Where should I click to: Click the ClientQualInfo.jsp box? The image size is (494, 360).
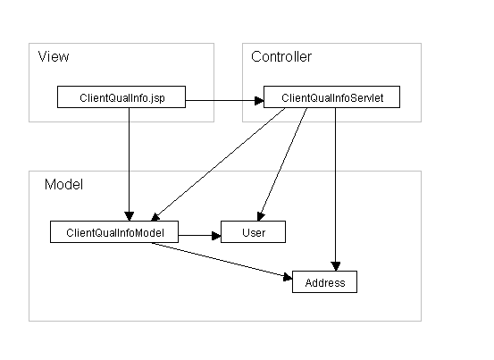point(121,97)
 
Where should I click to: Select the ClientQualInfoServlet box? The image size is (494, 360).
point(331,97)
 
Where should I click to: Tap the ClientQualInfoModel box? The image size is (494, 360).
point(114,231)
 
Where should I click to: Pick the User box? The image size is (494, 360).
point(254,231)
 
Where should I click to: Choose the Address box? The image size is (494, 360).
point(325,282)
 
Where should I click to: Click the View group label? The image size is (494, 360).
point(54,56)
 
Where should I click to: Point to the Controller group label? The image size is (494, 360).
point(281,56)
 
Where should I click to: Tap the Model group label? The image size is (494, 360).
point(63,185)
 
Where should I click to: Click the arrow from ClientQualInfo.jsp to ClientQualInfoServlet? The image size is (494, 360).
point(224,100)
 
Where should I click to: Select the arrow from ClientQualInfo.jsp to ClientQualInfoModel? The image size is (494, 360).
point(129,164)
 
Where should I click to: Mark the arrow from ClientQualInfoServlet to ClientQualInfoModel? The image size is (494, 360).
point(218,164)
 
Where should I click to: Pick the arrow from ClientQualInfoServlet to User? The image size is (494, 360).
point(282,164)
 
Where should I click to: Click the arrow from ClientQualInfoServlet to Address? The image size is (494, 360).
point(336,189)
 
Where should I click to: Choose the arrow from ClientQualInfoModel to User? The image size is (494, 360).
point(200,235)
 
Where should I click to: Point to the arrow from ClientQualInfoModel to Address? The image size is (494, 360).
point(222,260)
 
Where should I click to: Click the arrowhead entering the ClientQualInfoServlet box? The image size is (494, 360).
point(259,100)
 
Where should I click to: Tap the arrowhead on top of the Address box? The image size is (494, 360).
point(336,266)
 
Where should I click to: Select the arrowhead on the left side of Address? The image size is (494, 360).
point(288,277)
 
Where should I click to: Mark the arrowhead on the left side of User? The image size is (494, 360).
point(216,235)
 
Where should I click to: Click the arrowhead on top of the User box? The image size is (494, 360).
point(260,216)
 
